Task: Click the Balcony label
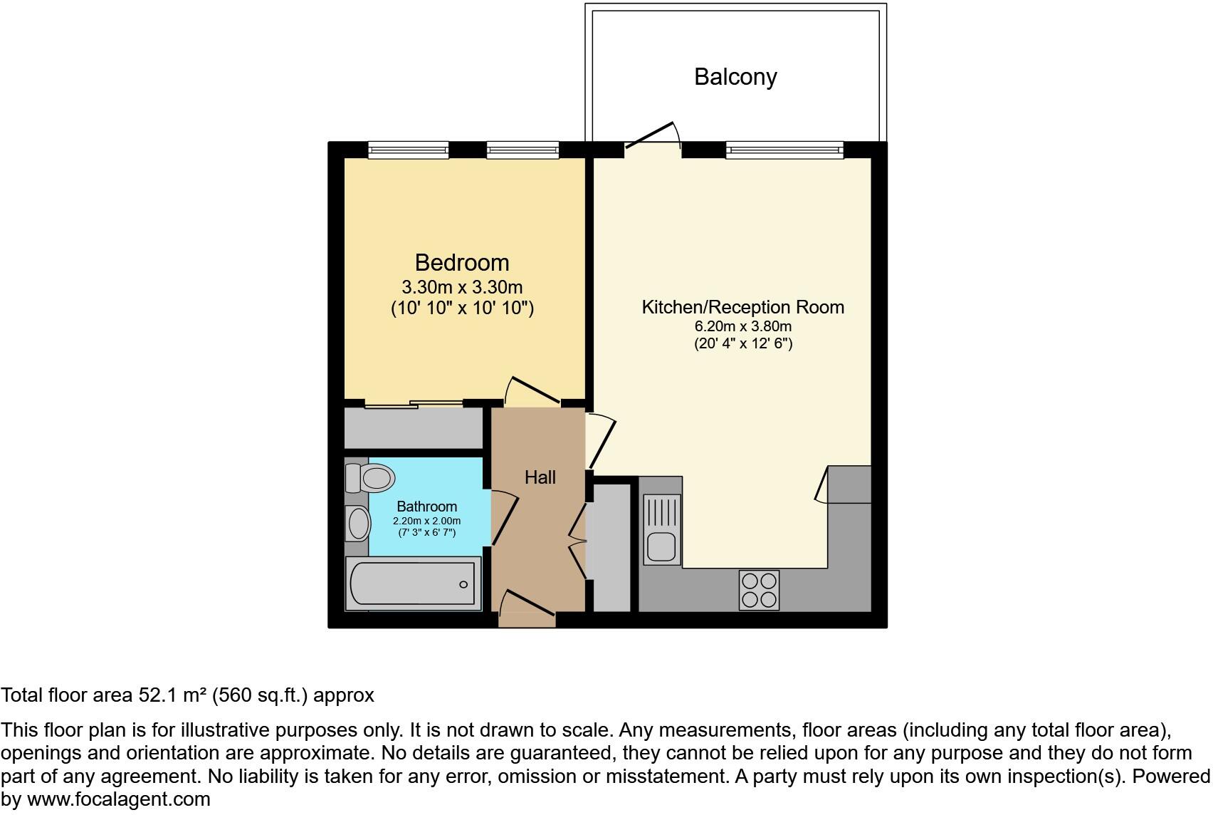coord(735,77)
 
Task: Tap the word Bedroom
coord(462,263)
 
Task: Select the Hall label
coord(540,477)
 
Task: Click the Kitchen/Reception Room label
coord(742,307)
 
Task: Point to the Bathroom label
coord(426,507)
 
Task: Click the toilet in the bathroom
coord(370,477)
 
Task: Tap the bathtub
coord(413,584)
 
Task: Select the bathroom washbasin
coord(358,524)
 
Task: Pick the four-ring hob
coord(759,590)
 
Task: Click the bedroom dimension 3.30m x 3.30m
coord(462,288)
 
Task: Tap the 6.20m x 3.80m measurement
coord(743,327)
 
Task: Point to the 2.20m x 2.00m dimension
coord(426,521)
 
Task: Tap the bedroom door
coord(532,392)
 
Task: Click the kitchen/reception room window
coord(784,150)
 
